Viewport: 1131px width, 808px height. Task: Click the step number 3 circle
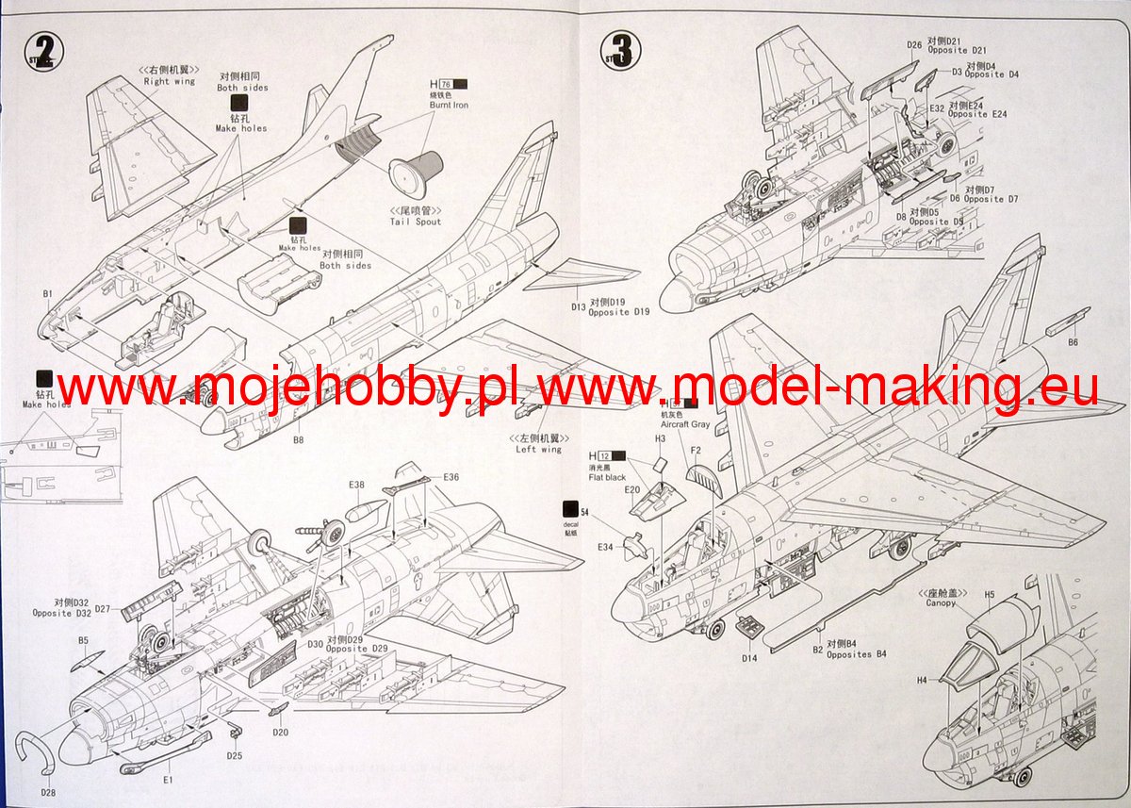[621, 48]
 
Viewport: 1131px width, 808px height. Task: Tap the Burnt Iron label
[448, 106]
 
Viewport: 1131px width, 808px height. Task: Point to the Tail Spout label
[415, 222]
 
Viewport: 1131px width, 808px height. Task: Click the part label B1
[47, 294]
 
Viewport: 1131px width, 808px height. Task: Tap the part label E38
[356, 486]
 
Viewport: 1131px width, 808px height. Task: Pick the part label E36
[451, 477]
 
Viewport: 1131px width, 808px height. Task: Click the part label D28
[47, 792]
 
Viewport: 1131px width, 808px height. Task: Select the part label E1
[168, 781]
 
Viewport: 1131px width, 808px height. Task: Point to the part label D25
[235, 755]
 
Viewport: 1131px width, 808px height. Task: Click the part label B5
[83, 641]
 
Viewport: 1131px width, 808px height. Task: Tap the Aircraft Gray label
[685, 425]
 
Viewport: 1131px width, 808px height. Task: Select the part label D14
[749, 657]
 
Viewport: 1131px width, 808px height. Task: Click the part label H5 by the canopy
[990, 595]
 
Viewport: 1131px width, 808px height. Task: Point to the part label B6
[1074, 341]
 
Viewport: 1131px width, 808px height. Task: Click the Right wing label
[170, 81]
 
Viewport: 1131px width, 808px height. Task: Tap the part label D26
[913, 44]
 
